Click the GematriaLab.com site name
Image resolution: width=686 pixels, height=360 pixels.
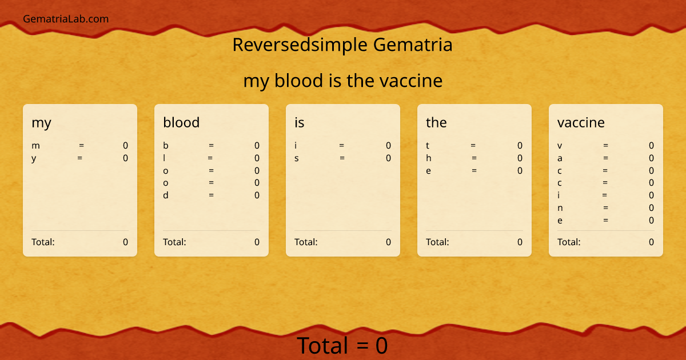coord(66,19)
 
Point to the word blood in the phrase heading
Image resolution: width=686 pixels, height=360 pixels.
coord(299,81)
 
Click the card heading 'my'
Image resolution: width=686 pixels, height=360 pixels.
coord(41,123)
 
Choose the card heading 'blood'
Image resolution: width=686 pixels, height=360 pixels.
coord(181,122)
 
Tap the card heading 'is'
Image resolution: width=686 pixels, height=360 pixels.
coord(300,122)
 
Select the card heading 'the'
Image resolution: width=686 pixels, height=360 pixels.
coord(436,122)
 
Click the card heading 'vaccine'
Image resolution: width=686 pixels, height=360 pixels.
coord(581,122)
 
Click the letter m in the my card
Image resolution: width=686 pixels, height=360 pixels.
coord(35,146)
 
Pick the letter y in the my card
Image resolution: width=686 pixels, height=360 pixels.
coord(34,159)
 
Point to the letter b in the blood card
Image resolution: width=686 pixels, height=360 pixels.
coord(166,146)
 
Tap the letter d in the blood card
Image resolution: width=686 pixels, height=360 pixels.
coord(166,195)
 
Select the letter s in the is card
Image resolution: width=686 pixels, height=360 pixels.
coord(297,158)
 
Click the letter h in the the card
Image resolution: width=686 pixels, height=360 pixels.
coord(429,158)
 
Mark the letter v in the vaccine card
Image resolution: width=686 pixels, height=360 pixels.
coord(560,146)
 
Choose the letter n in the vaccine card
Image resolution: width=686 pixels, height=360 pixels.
coord(560,208)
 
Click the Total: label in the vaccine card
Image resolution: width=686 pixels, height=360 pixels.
coord(569,242)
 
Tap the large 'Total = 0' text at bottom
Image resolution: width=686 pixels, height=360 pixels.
coord(342,346)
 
